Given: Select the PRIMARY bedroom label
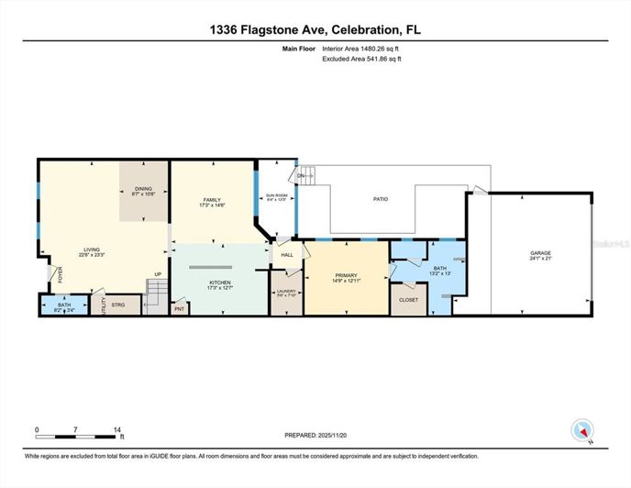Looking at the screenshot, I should click(346, 274).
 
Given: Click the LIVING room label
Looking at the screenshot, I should click(92, 250).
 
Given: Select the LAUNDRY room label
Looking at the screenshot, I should click(286, 292).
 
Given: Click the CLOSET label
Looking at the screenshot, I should click(408, 300).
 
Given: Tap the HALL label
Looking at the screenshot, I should click(286, 254).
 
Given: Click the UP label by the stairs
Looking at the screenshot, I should click(157, 274).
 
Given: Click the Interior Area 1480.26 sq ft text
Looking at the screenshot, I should click(362, 51).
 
